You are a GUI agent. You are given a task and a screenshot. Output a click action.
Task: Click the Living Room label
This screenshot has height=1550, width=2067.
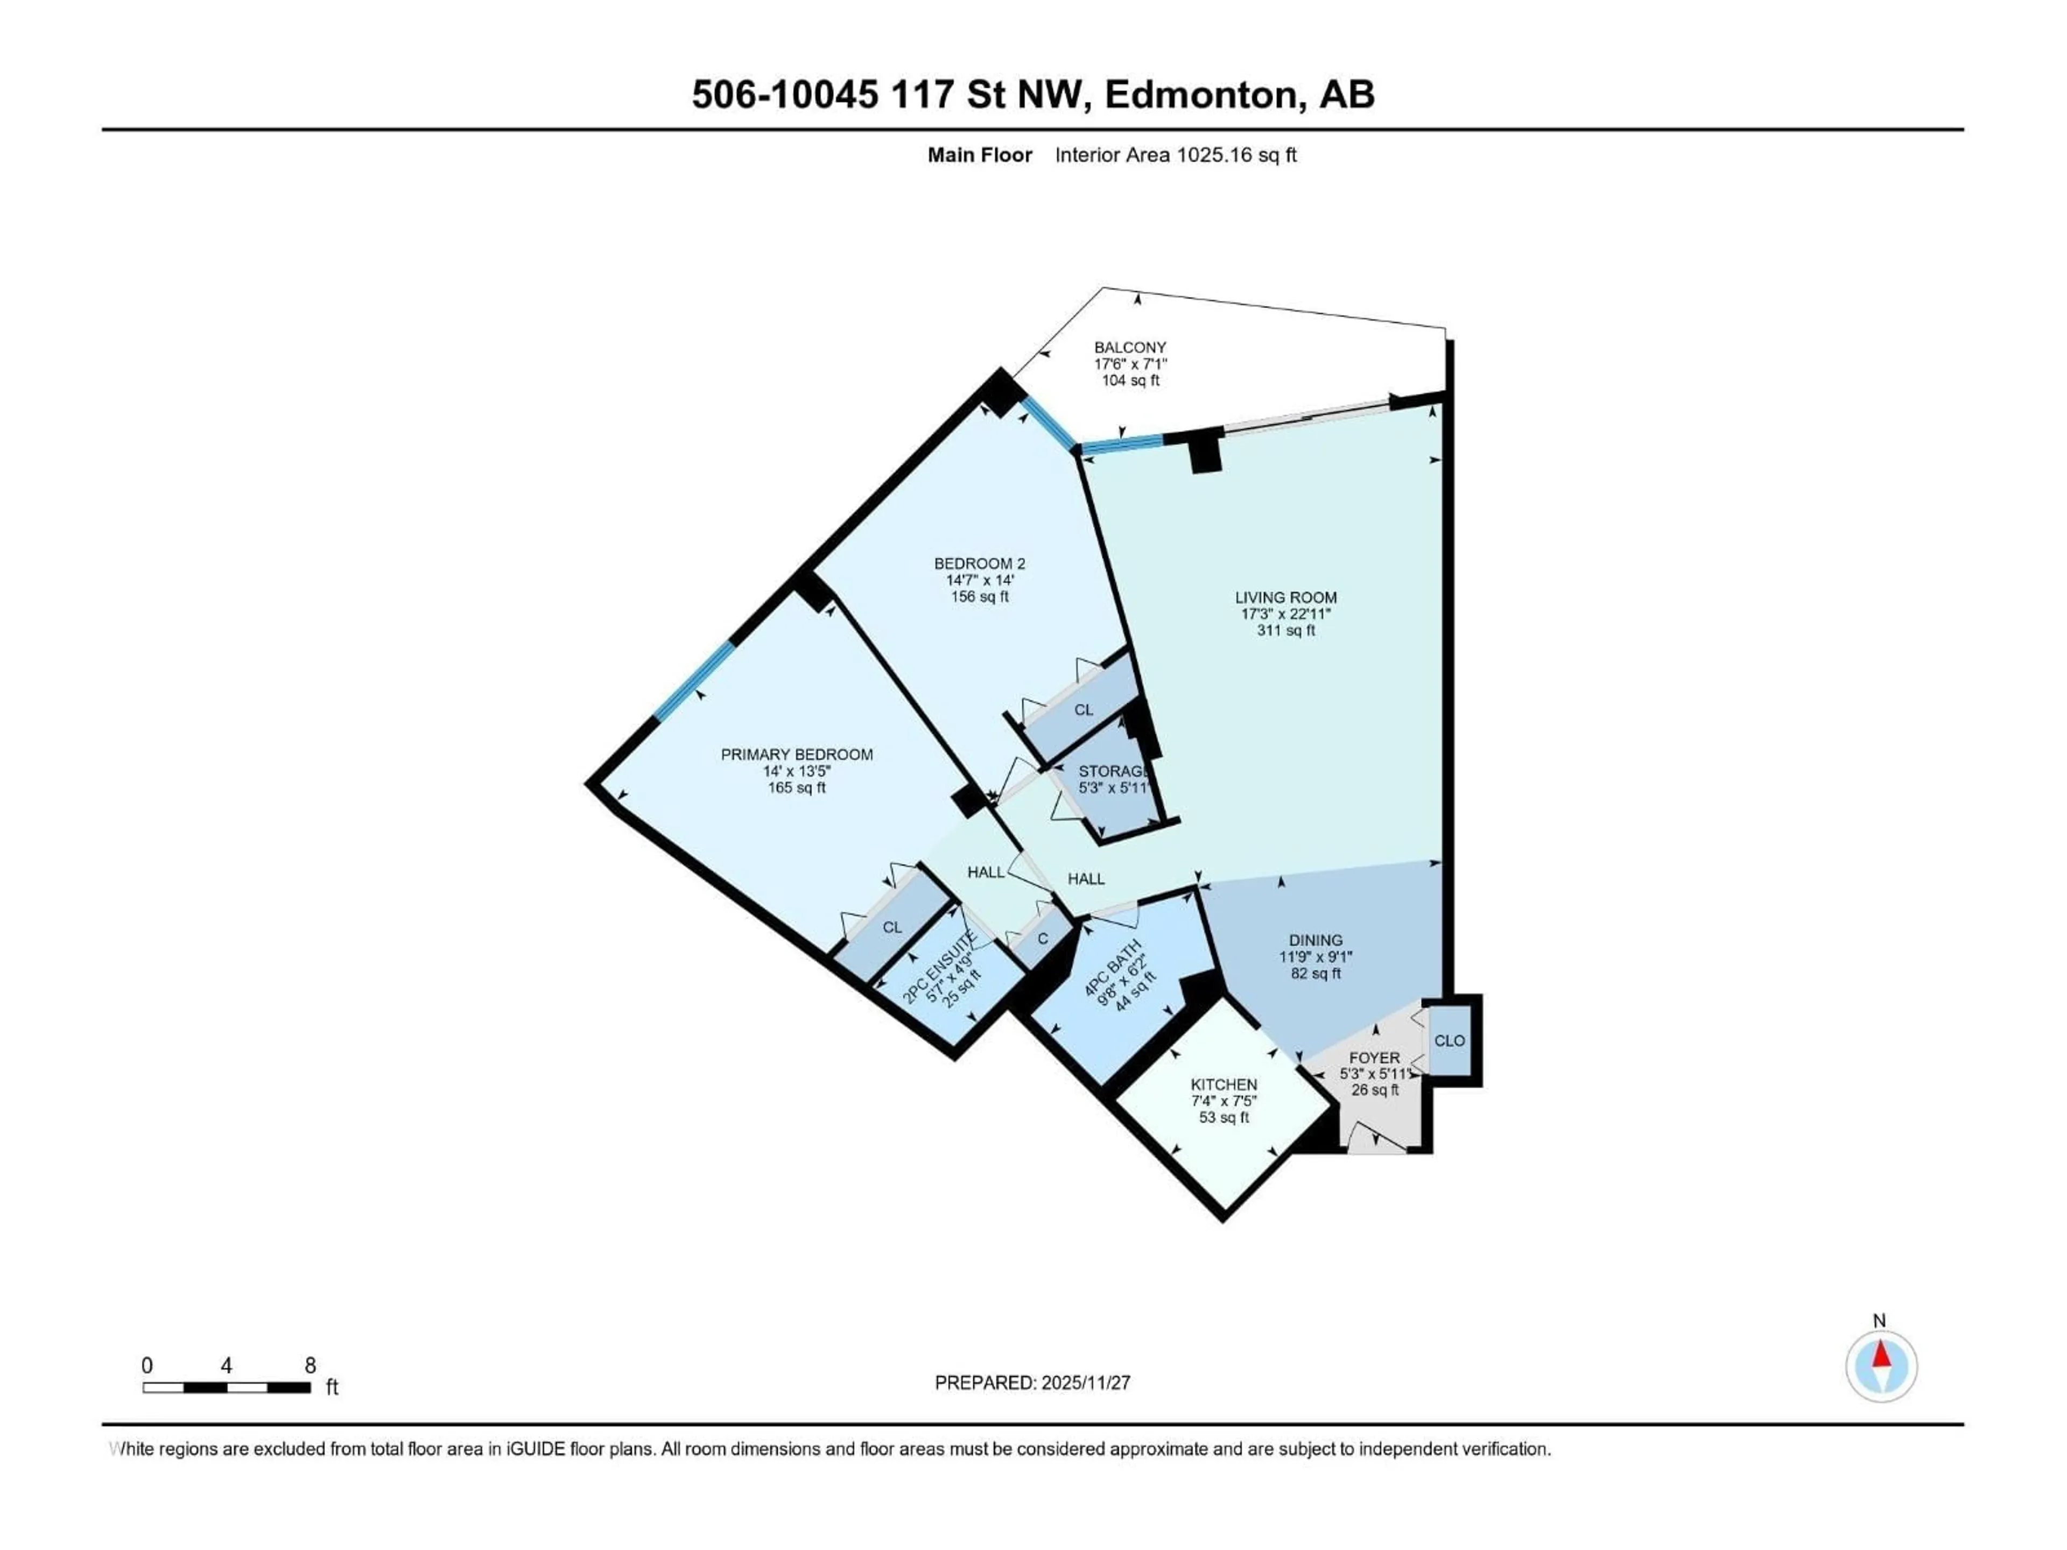point(1286,597)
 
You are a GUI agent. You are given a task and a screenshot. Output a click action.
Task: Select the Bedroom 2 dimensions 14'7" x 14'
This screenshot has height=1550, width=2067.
point(979,580)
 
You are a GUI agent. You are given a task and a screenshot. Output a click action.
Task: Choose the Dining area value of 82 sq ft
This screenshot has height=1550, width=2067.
point(1315,974)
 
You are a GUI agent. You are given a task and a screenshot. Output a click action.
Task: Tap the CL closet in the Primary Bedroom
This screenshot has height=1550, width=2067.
point(892,927)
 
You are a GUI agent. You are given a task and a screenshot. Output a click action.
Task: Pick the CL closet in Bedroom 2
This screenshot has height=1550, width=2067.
point(1083,710)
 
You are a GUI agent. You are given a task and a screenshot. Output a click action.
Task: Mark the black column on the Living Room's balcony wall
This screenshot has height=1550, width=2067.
point(1205,451)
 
